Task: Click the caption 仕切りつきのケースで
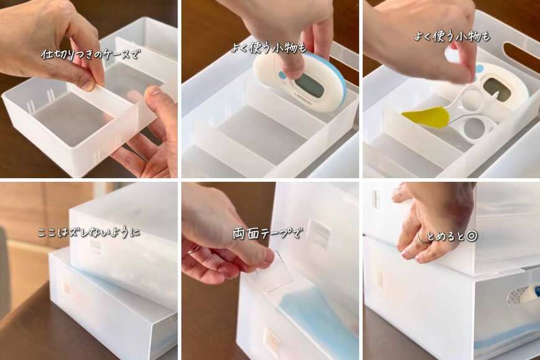tap(91, 54)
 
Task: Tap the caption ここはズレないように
tap(89, 233)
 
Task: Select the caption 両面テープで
tap(268, 234)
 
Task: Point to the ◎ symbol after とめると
tap(471, 236)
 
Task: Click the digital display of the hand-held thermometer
tap(308, 85)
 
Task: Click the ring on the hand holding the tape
tap(194, 250)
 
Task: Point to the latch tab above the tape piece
tap(319, 234)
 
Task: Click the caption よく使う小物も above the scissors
tap(452, 37)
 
